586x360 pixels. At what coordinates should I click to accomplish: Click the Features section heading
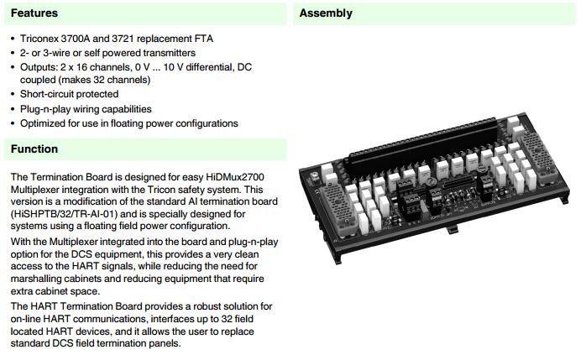coord(34,13)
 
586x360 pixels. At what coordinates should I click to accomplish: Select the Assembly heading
coord(326,13)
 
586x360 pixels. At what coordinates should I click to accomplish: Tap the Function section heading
coord(34,149)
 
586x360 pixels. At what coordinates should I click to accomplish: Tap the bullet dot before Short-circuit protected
coord(11,94)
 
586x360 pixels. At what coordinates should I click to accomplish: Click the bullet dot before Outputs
coord(11,66)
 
